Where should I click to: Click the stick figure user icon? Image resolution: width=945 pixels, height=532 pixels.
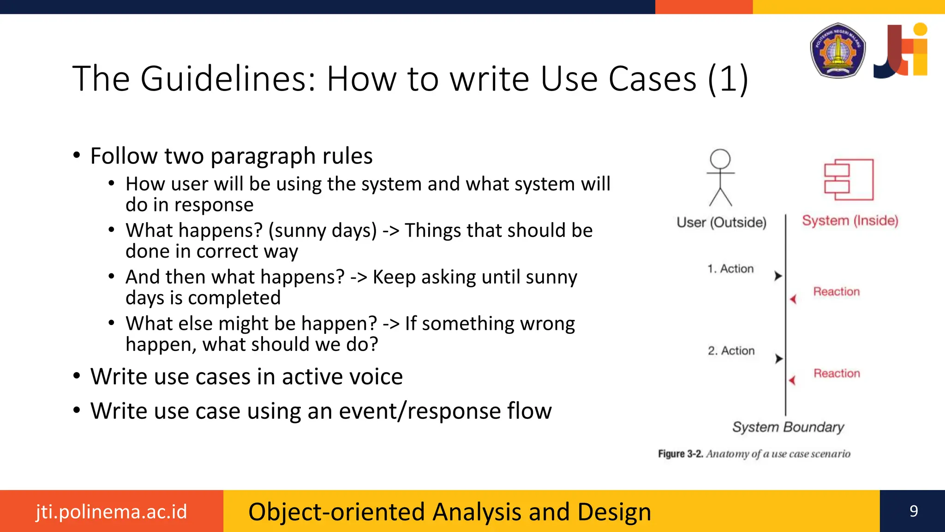point(720,177)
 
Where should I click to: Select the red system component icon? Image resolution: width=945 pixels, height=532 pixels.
point(849,180)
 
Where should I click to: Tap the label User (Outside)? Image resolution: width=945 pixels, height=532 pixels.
point(721,223)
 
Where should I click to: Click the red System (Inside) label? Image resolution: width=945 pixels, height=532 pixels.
point(850,221)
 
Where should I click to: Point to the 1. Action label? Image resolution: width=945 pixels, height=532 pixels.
point(730,269)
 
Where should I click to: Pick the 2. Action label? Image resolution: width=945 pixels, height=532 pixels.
point(731,351)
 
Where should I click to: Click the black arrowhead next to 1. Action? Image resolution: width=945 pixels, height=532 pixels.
point(778,276)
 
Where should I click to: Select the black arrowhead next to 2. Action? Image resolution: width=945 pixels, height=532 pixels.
point(778,358)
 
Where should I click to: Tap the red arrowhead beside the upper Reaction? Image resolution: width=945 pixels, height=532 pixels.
point(793,299)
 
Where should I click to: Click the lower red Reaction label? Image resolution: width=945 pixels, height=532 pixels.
point(837,373)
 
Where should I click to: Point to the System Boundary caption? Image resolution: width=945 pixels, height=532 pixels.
point(788,427)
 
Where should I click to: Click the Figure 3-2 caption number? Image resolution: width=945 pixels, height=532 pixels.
point(681,454)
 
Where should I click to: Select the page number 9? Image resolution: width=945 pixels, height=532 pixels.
point(914,511)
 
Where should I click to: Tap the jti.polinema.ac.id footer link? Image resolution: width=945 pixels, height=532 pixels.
point(112,512)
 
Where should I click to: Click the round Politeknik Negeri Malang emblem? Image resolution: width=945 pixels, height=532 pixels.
point(837,50)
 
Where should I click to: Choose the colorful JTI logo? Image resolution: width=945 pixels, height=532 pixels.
point(901,50)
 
